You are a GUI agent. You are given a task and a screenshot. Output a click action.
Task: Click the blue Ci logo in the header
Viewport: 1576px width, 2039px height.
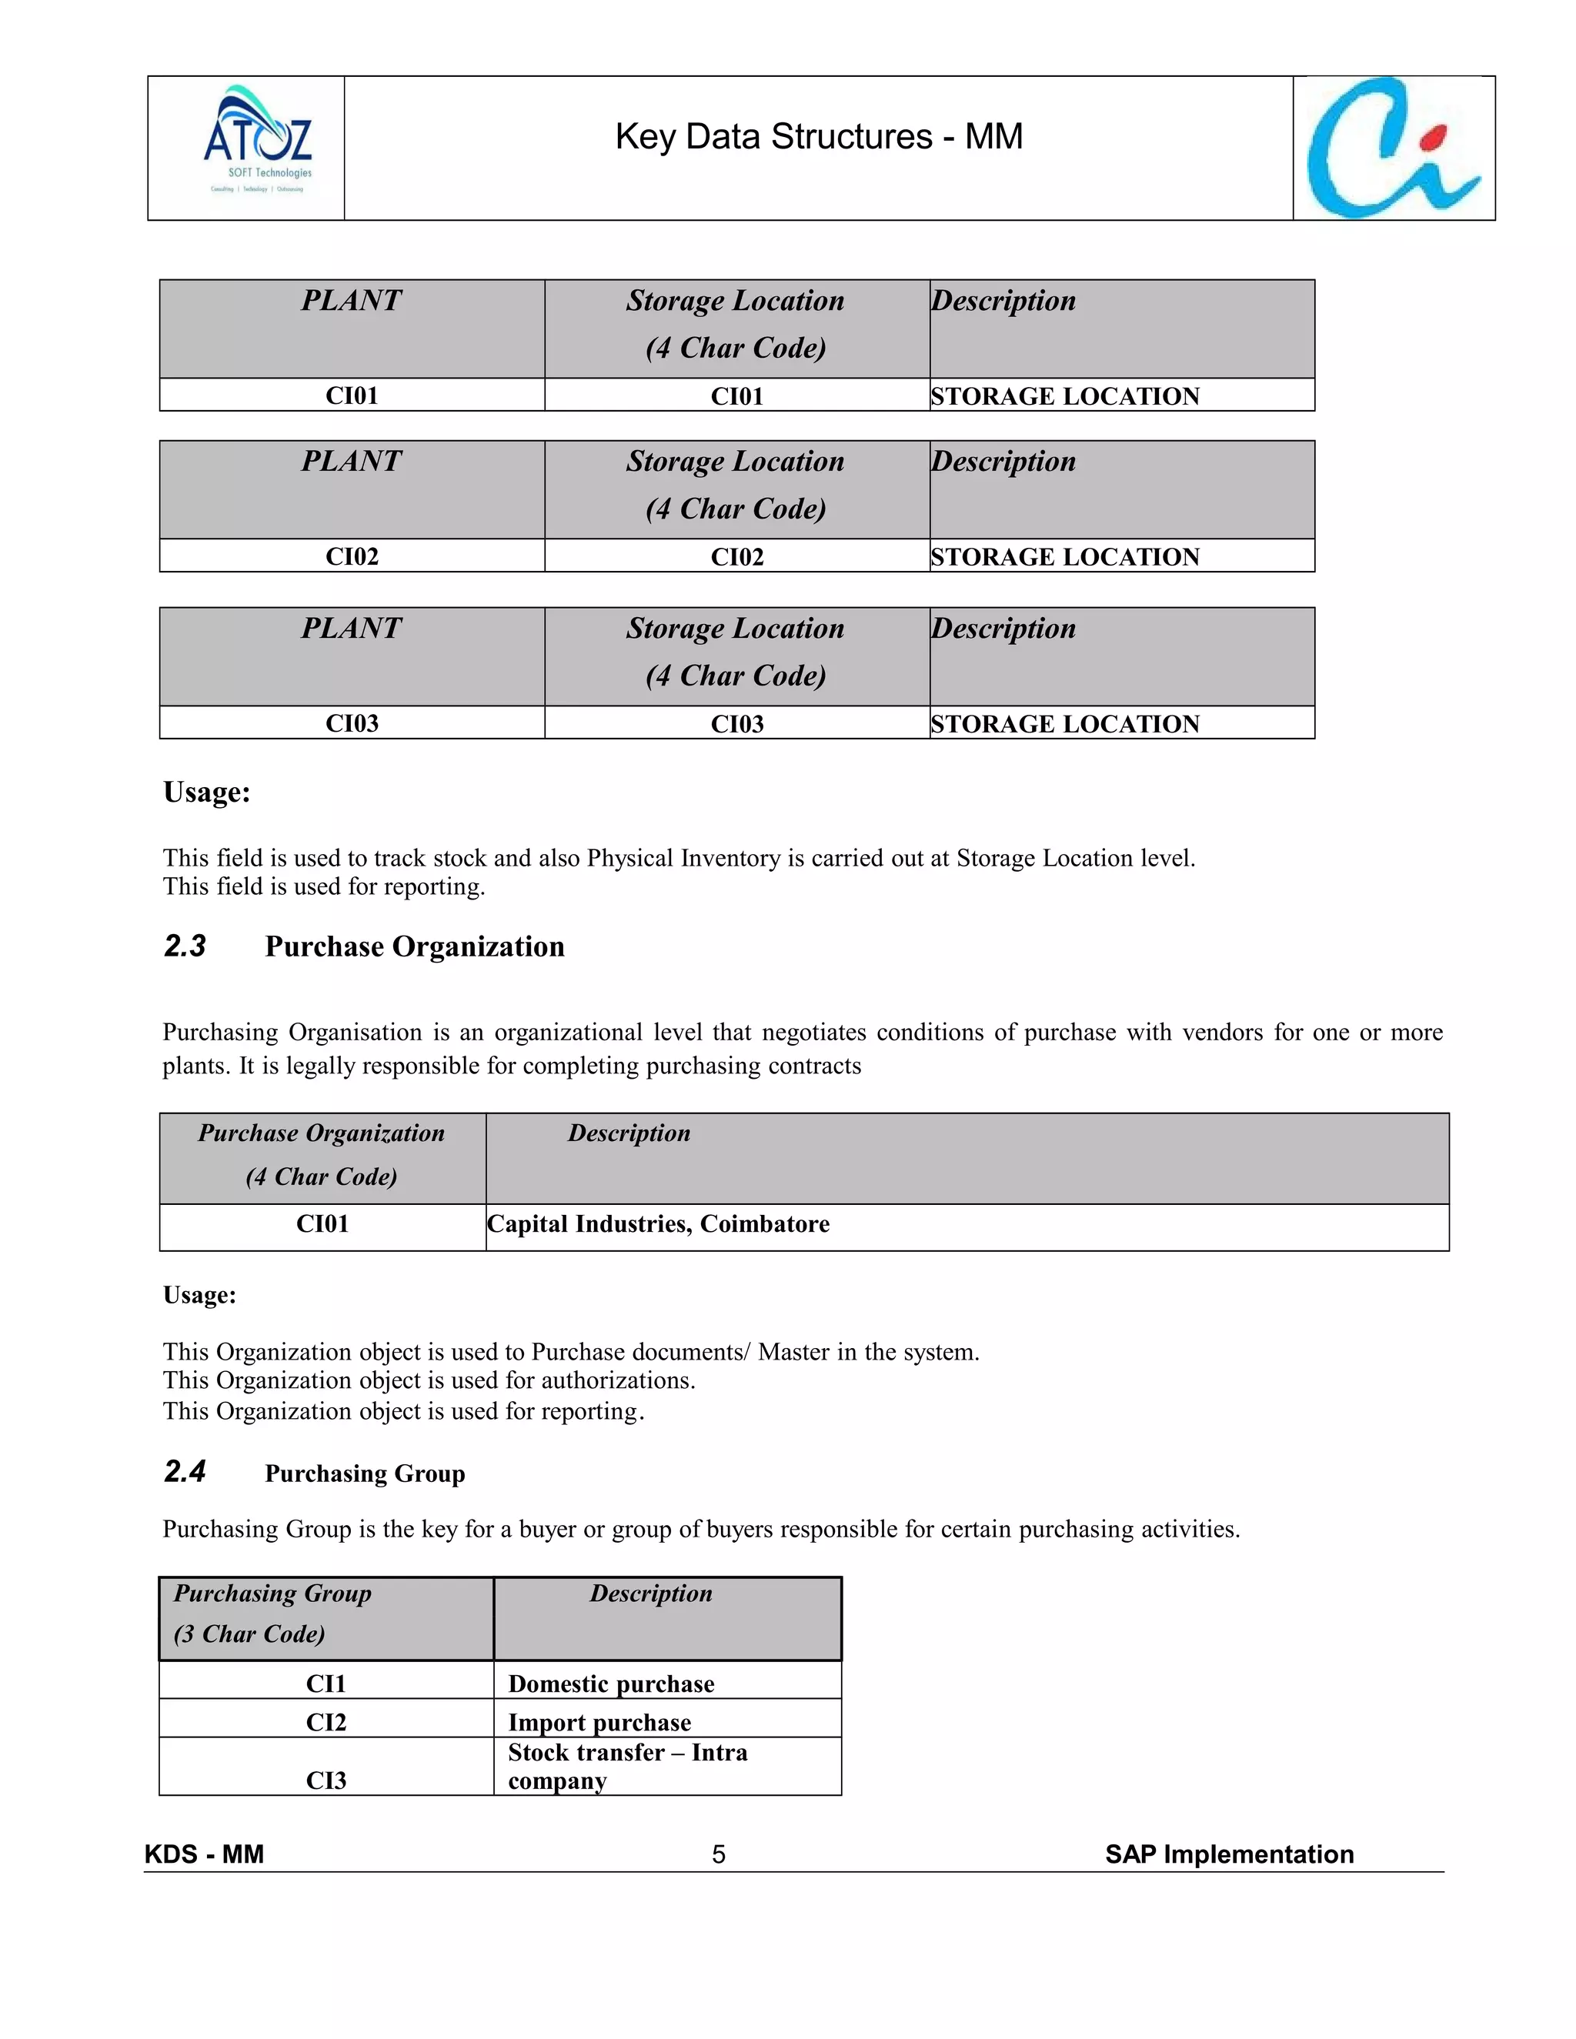(x=1393, y=149)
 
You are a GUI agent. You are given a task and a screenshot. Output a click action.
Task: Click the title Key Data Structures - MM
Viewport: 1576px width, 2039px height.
(x=819, y=136)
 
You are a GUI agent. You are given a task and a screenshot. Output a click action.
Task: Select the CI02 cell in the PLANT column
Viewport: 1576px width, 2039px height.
(x=352, y=556)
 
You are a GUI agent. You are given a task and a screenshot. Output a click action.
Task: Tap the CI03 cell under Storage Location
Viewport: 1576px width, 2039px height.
(x=736, y=723)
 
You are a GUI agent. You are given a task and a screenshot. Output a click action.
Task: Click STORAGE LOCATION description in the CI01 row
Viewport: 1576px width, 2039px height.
(x=1064, y=395)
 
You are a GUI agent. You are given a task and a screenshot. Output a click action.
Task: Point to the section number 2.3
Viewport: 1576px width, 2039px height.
(x=185, y=946)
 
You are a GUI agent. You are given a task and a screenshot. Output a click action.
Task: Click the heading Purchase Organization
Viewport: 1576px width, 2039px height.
(x=415, y=946)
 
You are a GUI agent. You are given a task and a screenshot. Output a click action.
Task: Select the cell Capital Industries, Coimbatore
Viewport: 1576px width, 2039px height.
(x=658, y=1224)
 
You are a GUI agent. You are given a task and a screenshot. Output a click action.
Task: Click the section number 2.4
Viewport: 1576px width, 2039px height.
(x=185, y=1471)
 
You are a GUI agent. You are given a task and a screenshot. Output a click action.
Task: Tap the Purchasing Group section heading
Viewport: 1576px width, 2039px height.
(x=365, y=1473)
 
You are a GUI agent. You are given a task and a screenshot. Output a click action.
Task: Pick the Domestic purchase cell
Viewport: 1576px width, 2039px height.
(x=612, y=1684)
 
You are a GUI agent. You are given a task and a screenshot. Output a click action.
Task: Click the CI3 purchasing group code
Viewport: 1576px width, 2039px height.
(x=326, y=1780)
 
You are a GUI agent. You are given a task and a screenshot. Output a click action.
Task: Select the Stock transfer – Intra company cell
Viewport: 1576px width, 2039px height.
(x=627, y=1767)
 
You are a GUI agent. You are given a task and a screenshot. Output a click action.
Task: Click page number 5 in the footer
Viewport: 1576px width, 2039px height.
(x=718, y=1854)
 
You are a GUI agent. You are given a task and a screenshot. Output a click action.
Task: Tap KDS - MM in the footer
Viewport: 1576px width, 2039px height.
(x=205, y=1854)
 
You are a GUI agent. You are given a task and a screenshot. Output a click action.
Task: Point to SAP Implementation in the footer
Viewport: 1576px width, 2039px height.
(x=1229, y=1854)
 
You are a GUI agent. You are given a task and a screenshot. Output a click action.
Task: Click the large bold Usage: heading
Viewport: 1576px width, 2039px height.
(x=206, y=792)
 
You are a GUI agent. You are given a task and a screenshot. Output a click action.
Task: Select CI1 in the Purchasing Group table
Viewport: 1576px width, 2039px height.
(x=326, y=1684)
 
